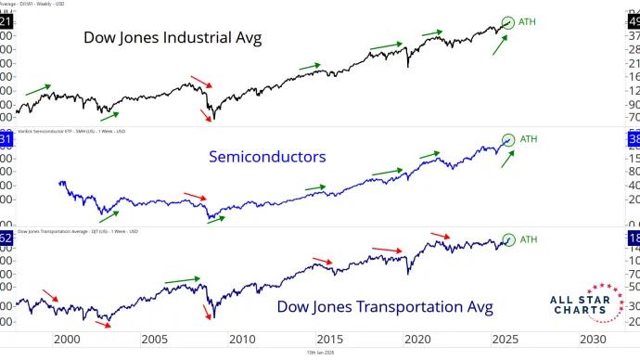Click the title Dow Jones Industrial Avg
click(173, 38)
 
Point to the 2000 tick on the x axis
click(65, 340)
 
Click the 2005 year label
click(153, 340)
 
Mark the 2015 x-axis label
click(329, 340)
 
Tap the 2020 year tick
click(417, 340)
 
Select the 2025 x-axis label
click(506, 340)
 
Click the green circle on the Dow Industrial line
click(507, 22)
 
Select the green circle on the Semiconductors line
click(507, 140)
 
